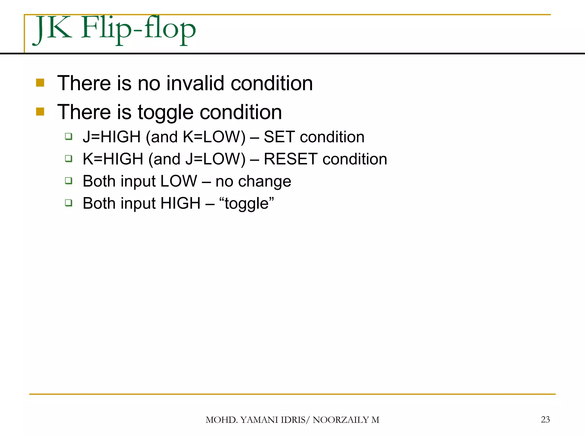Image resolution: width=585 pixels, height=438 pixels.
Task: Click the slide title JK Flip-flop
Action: (114, 29)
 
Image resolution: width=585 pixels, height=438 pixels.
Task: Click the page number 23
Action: (545, 419)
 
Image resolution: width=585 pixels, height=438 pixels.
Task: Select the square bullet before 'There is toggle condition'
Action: (40, 111)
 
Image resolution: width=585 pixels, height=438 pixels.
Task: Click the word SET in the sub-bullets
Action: (279, 137)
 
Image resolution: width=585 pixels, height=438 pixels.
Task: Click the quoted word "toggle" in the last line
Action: (247, 204)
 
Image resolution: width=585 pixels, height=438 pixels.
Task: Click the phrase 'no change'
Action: (253, 181)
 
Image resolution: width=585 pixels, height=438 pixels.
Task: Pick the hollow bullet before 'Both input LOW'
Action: (69, 181)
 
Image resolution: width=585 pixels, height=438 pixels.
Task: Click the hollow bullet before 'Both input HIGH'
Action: (69, 203)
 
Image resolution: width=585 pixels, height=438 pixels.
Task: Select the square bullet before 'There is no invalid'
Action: (40, 83)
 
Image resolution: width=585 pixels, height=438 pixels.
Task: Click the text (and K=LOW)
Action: (196, 137)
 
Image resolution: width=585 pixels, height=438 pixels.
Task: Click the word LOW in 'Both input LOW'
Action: (179, 181)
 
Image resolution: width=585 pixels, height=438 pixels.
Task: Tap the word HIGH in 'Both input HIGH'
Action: (181, 204)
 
